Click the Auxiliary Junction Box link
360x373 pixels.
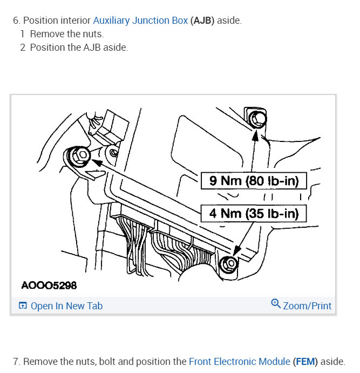tap(140, 21)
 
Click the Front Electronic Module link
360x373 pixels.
tap(240, 361)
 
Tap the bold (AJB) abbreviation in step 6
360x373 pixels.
tap(202, 21)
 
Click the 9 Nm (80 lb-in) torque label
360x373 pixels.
tap(254, 181)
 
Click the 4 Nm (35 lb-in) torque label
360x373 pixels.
tap(254, 213)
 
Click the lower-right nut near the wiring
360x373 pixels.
tap(229, 264)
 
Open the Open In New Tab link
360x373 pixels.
tap(66, 306)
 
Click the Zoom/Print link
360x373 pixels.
tap(307, 306)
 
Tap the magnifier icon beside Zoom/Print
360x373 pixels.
tap(276, 304)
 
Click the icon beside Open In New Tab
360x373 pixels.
tap(23, 306)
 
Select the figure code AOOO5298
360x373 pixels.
tap(49, 284)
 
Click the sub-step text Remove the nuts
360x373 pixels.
tap(66, 34)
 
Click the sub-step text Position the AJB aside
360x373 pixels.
tap(79, 48)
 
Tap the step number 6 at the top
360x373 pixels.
tap(16, 21)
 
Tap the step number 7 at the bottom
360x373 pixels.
tap(16, 361)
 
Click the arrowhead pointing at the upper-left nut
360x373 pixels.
tap(97, 160)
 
